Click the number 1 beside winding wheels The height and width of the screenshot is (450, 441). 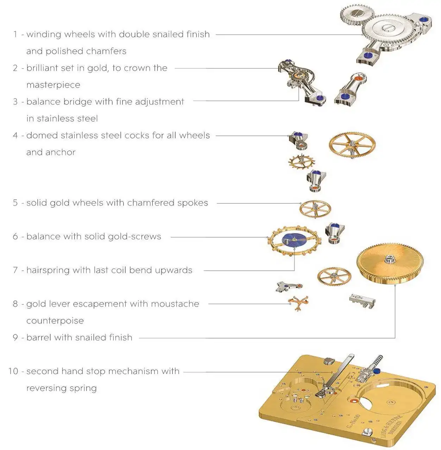tap(15, 34)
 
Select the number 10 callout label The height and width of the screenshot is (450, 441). tap(13, 371)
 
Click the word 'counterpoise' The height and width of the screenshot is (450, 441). tap(55, 321)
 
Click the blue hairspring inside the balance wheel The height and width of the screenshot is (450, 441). tap(294, 240)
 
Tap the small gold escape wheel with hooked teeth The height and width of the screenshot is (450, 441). tap(301, 161)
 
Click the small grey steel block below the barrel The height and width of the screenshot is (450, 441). tap(362, 301)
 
